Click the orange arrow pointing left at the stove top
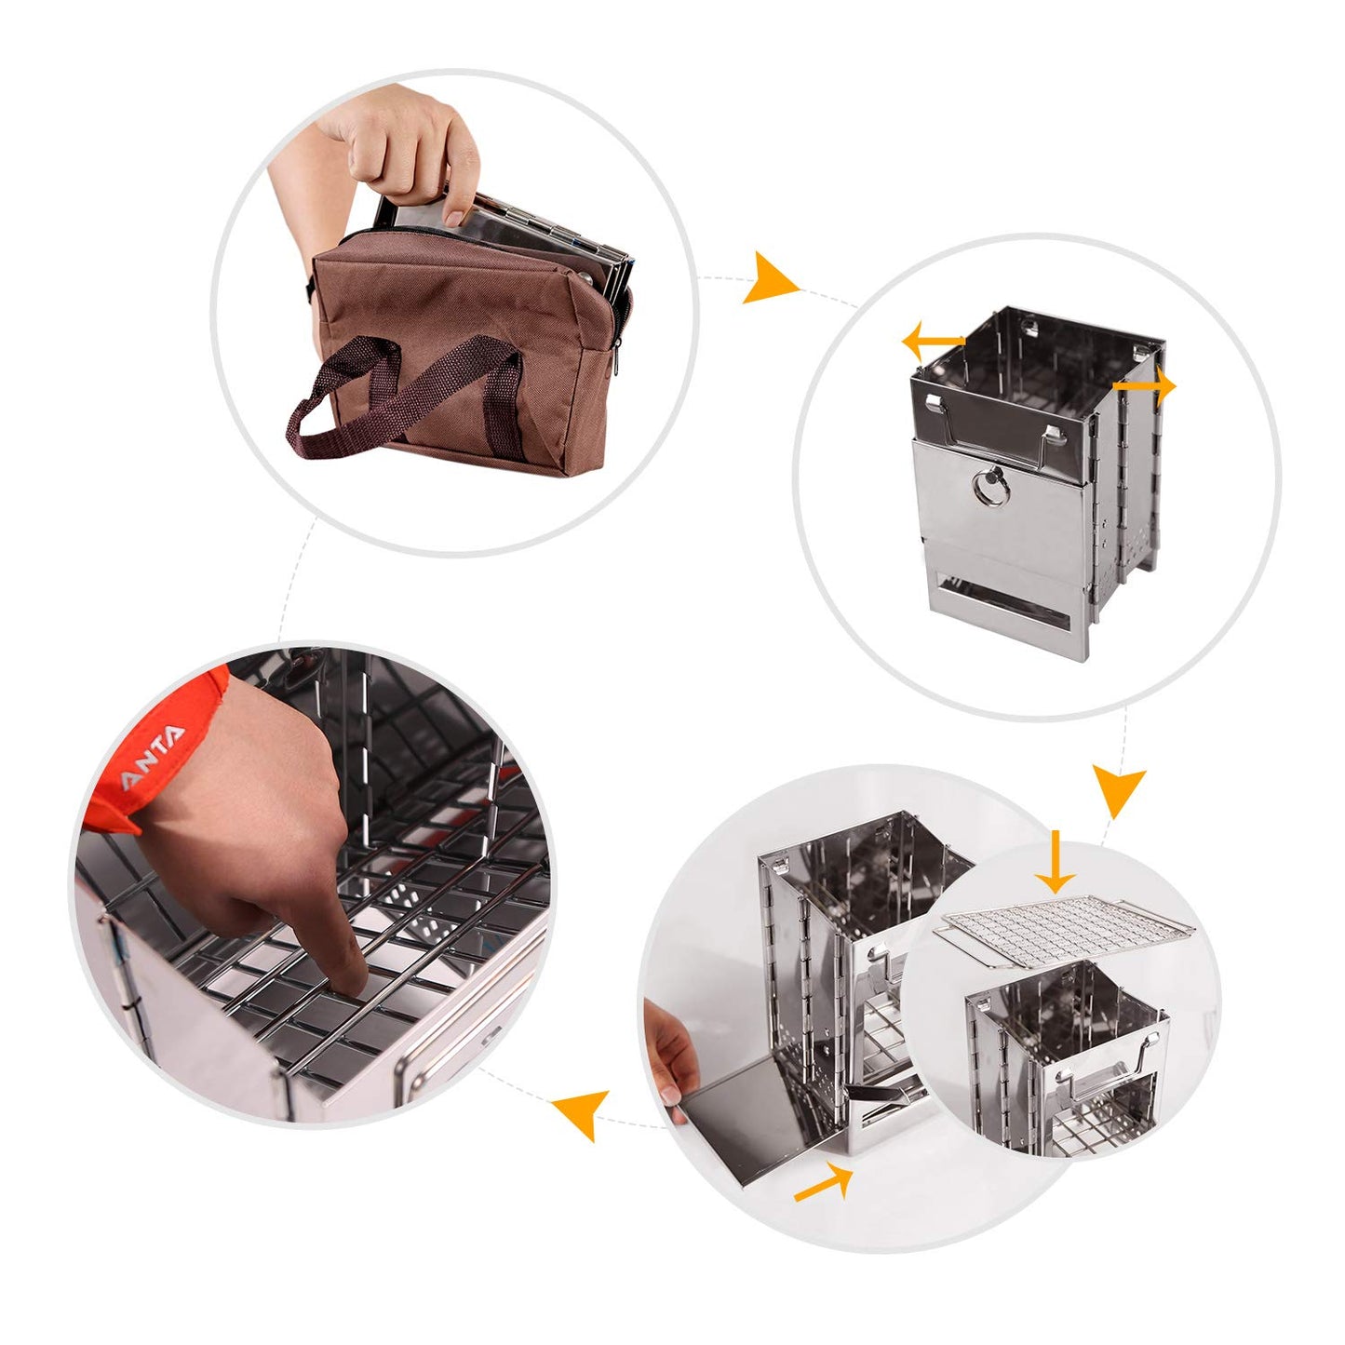pos(932,341)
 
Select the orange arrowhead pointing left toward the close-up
pos(577,1114)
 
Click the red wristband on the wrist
pos(158,754)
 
